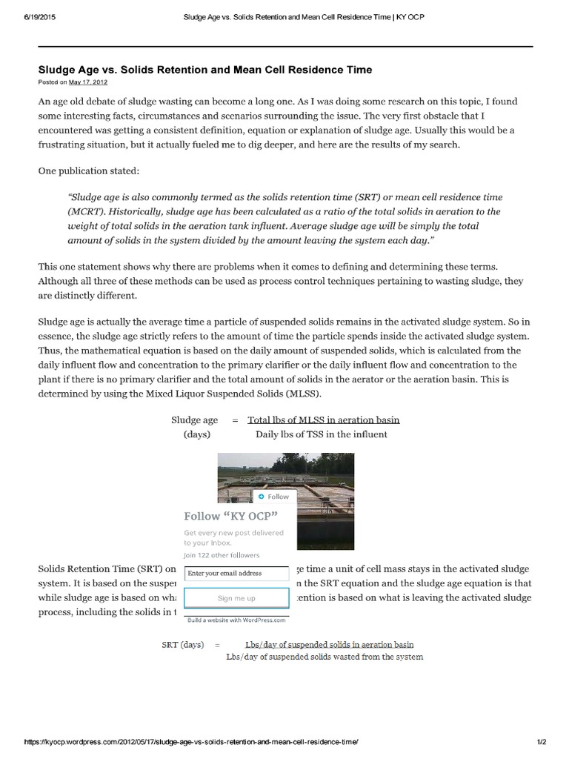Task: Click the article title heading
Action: pyautogui.click(x=205, y=70)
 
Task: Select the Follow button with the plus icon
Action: pyautogui.click(x=273, y=497)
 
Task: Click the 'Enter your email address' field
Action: pyautogui.click(x=236, y=573)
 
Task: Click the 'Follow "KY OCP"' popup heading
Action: pyautogui.click(x=230, y=516)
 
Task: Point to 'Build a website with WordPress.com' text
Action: pyautogui.click(x=236, y=620)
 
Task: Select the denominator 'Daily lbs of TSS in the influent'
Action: pyautogui.click(x=321, y=434)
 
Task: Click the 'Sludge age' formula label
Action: pyautogui.click(x=195, y=420)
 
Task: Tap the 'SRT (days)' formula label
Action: pyautogui.click(x=182, y=645)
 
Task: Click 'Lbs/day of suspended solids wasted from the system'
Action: pyautogui.click(x=325, y=657)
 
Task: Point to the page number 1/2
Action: pyautogui.click(x=542, y=741)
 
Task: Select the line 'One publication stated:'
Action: pyautogui.click(x=88, y=171)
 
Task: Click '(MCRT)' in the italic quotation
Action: pyautogui.click(x=85, y=211)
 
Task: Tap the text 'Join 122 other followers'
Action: pyautogui.click(x=222, y=554)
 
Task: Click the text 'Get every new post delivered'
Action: pyautogui.click(x=233, y=532)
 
